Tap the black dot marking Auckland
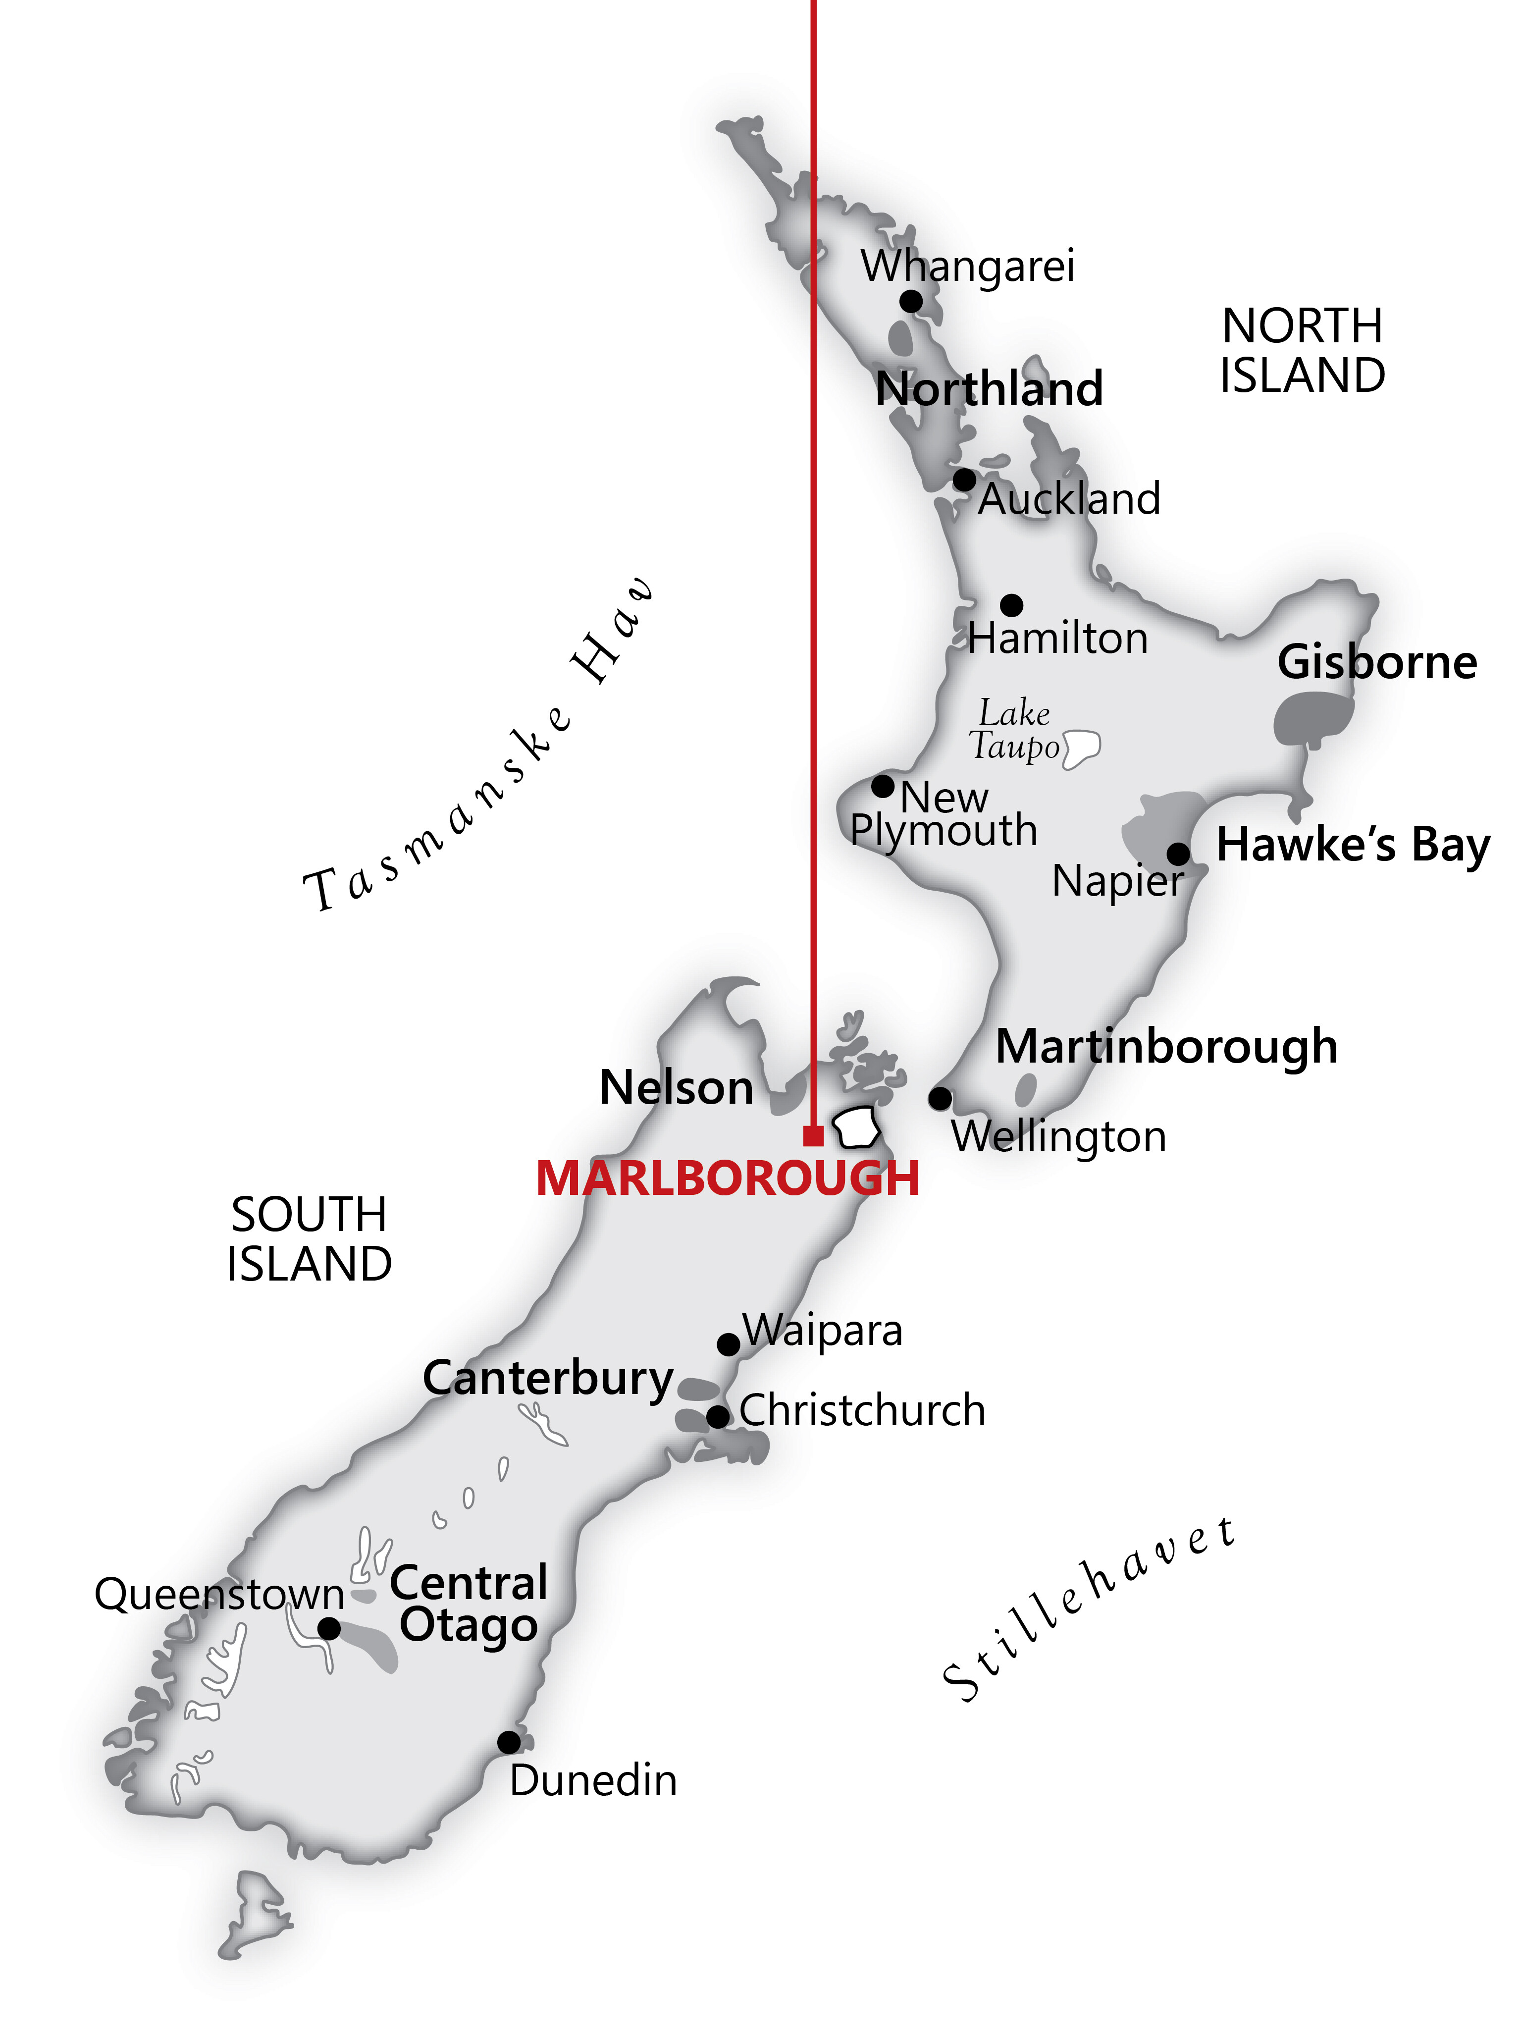[x=963, y=480]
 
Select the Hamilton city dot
[x=1011, y=605]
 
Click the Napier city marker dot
[x=1178, y=853]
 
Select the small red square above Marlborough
[x=812, y=1136]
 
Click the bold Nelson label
[x=677, y=1088]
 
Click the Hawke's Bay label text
[x=1353, y=845]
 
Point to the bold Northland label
[x=989, y=389]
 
